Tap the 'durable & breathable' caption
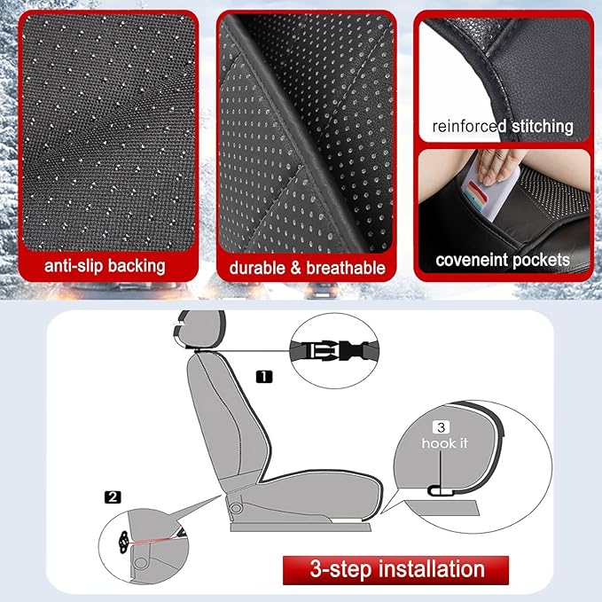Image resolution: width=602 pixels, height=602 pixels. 308,267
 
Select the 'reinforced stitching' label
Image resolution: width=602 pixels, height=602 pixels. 503,126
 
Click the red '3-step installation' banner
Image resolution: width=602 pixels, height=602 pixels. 395,568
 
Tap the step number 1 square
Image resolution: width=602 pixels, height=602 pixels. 264,376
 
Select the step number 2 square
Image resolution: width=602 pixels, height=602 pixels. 113,496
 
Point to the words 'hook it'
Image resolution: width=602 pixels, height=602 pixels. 444,443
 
